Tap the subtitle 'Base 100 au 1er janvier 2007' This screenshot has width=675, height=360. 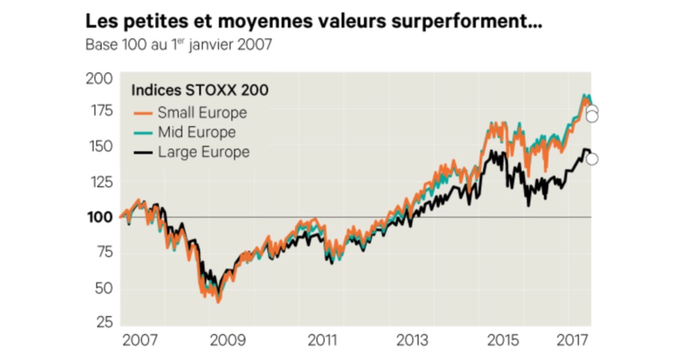178,45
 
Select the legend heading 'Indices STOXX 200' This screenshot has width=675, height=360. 199,91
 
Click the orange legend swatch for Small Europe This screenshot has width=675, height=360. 142,113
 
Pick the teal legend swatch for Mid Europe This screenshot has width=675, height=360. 142,132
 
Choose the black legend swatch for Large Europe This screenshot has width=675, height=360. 142,153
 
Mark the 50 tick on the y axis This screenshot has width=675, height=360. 101,288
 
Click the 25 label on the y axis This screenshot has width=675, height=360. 101,322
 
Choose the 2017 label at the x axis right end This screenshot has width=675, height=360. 572,339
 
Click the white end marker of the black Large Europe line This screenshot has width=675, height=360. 592,159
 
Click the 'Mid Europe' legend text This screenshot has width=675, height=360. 196,132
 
